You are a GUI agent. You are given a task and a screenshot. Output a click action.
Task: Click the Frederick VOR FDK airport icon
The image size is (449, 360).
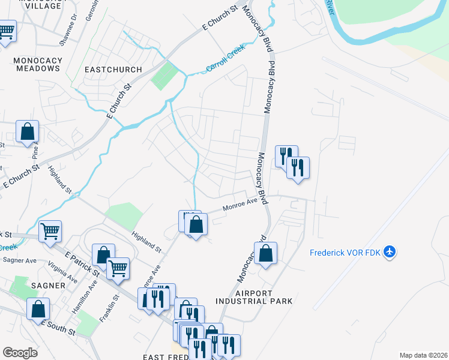[390, 251]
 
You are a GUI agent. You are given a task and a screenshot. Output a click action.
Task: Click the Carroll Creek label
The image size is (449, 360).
[226, 58]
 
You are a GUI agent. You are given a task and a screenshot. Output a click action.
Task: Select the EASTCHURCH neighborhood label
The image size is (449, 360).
[113, 70]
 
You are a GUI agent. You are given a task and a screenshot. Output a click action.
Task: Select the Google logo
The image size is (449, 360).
[20, 352]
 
